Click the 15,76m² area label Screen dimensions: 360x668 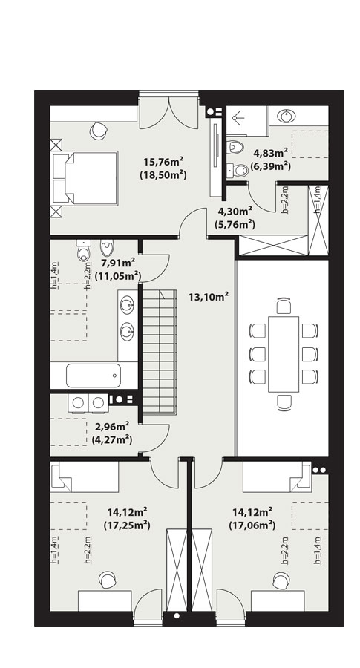(163, 162)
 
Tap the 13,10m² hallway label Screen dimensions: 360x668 (209, 296)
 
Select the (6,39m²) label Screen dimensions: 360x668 (270, 166)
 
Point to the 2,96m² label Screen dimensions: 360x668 (112, 428)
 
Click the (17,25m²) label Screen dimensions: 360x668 (127, 525)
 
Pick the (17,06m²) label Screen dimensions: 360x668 (252, 525)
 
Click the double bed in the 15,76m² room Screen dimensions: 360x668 (84, 178)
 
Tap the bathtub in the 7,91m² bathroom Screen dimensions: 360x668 (94, 376)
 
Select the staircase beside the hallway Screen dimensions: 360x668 (159, 352)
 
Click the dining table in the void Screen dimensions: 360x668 (284, 354)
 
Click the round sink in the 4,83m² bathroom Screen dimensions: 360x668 (287, 116)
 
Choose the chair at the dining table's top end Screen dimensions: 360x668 (284, 307)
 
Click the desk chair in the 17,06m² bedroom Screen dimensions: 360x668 (281, 580)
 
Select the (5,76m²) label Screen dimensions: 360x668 (236, 223)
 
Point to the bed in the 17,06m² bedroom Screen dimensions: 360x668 (278, 477)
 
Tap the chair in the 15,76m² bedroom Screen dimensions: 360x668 (99, 131)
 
